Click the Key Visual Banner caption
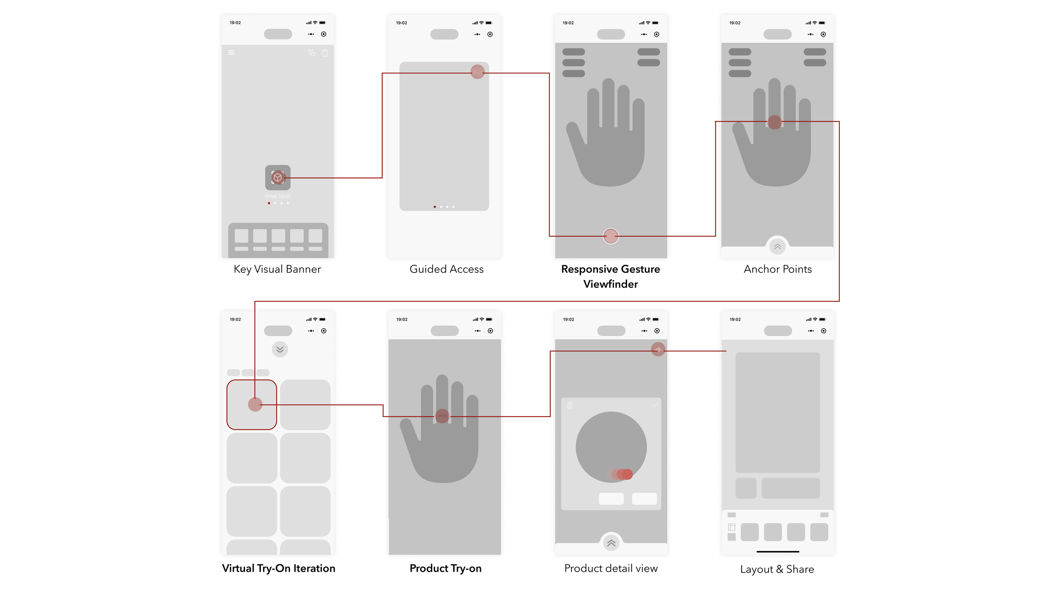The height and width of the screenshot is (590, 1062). [x=277, y=269]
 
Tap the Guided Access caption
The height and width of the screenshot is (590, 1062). [x=446, y=269]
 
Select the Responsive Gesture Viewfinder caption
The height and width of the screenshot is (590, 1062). [x=610, y=276]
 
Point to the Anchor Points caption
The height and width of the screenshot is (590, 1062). [x=777, y=269]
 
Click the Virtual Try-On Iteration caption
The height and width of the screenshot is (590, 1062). [x=278, y=568]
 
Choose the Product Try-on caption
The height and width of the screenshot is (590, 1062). [x=445, y=568]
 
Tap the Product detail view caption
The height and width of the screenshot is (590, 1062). [x=611, y=568]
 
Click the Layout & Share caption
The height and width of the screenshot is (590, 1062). [x=777, y=569]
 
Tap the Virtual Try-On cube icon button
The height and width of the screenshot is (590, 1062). [x=278, y=177]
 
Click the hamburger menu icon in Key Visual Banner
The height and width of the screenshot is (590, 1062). [x=232, y=53]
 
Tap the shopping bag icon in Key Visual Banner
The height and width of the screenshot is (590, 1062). [x=325, y=53]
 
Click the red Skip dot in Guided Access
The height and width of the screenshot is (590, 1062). [x=477, y=71]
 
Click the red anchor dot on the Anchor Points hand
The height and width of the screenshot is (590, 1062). [x=774, y=122]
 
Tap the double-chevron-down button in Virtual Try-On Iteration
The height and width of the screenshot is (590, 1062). [x=280, y=349]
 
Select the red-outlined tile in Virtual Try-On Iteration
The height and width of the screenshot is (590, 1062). [x=251, y=405]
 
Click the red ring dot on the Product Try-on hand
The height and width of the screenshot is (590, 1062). [x=442, y=416]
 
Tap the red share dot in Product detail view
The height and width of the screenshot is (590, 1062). [x=658, y=349]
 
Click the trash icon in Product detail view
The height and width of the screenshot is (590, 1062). [x=570, y=406]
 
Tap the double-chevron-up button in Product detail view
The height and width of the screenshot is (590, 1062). [x=611, y=543]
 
